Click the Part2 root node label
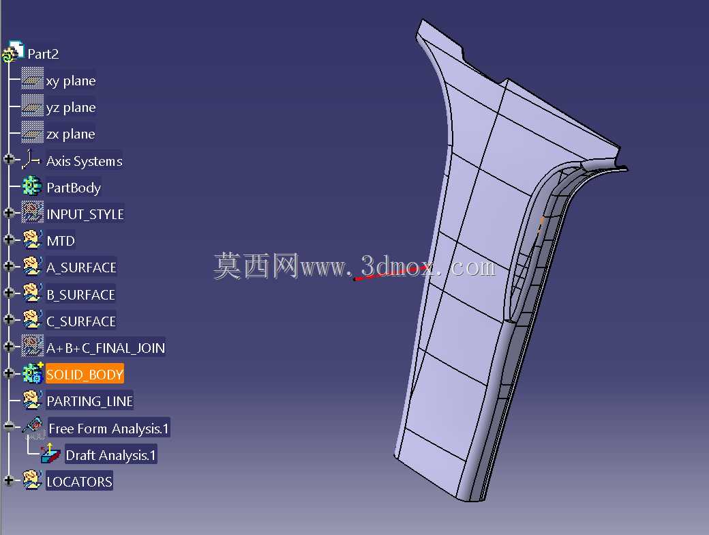pyautogui.click(x=43, y=54)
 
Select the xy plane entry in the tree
pyautogui.click(x=70, y=81)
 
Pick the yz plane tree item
pyautogui.click(x=70, y=107)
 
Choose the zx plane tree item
pyautogui.click(x=70, y=134)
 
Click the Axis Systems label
pyautogui.click(x=84, y=161)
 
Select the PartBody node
pyautogui.click(x=74, y=188)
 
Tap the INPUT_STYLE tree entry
pyautogui.click(x=85, y=214)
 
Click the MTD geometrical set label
pyautogui.click(x=61, y=241)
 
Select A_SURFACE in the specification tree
pyautogui.click(x=81, y=267)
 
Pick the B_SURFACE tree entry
pyautogui.click(x=80, y=295)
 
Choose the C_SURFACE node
pyautogui.click(x=81, y=321)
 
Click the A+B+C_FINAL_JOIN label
pyautogui.click(x=106, y=348)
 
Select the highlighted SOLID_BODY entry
pyautogui.click(x=85, y=375)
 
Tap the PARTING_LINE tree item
pyautogui.click(x=89, y=401)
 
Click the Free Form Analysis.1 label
pyautogui.click(x=108, y=428)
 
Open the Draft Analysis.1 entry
pyautogui.click(x=110, y=455)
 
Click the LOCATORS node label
pyautogui.click(x=79, y=482)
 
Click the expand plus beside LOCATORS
pyautogui.click(x=9, y=480)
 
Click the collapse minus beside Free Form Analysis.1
pyautogui.click(x=9, y=426)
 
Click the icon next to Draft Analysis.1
pyautogui.click(x=50, y=454)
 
